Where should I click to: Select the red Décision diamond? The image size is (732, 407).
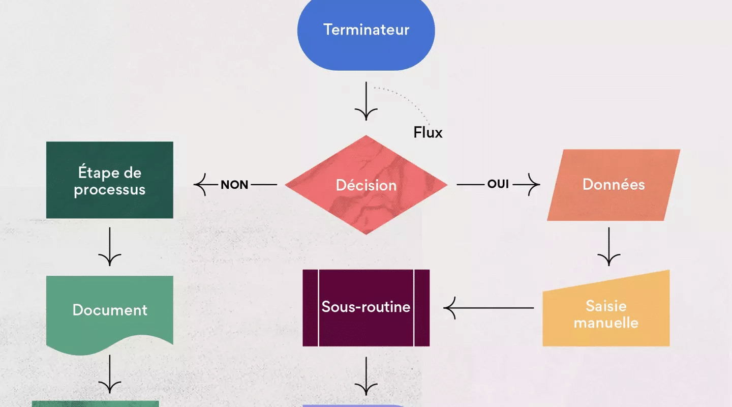click(366, 185)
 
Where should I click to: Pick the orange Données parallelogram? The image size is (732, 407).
click(614, 185)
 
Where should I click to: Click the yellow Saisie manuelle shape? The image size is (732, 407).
click(606, 313)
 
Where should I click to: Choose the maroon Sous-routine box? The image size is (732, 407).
click(366, 307)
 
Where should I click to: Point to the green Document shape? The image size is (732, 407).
click(110, 310)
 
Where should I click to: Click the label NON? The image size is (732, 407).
click(235, 185)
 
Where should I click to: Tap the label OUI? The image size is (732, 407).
click(498, 184)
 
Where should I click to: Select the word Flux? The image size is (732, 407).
click(428, 133)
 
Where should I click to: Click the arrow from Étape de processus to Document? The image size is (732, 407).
click(110, 246)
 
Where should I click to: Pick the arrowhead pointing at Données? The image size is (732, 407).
click(534, 184)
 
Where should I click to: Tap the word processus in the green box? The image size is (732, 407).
click(110, 190)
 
